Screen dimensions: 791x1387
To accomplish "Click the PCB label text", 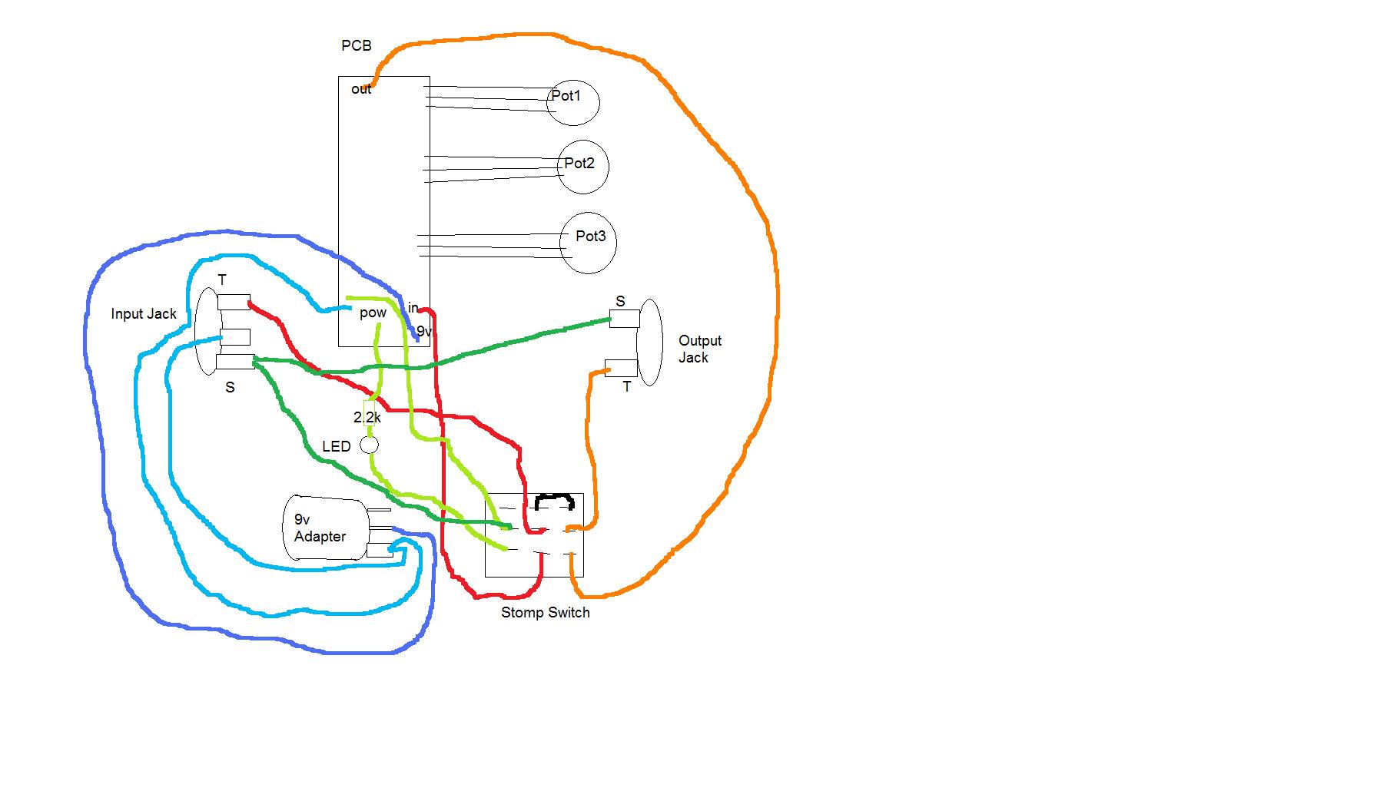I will coord(356,46).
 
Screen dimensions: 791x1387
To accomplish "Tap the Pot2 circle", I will coord(582,167).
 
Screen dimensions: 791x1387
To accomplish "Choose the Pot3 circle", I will coord(588,243).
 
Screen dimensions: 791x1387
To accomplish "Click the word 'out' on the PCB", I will coord(361,89).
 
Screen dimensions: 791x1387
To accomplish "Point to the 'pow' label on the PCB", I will coord(373,313).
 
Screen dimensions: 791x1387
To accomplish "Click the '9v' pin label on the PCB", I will coord(424,332).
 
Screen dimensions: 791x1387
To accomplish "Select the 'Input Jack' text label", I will coord(144,313).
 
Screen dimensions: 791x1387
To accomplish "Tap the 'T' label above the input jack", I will coord(222,280).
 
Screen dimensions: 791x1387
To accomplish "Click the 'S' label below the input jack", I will coord(230,388).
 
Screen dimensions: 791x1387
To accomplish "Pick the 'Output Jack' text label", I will coord(699,349).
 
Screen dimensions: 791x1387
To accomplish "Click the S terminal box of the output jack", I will coord(624,319).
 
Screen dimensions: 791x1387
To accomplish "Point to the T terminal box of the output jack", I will coord(620,367).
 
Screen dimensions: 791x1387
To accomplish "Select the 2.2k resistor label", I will coord(367,417).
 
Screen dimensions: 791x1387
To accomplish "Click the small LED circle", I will coord(370,445).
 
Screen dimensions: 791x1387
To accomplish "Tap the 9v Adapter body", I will coord(327,528).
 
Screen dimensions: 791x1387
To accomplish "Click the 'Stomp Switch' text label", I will coord(545,613).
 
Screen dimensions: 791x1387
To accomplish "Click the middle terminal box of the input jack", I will coord(234,337).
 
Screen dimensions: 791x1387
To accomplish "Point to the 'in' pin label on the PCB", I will coord(413,308).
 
